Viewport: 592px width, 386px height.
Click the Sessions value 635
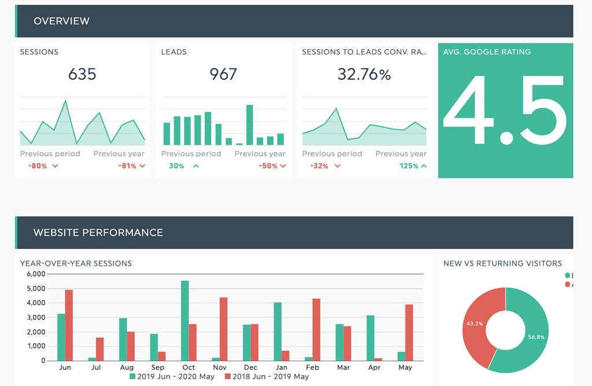tap(82, 74)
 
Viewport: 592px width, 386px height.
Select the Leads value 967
tap(223, 74)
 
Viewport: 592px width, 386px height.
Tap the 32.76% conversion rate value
tap(364, 74)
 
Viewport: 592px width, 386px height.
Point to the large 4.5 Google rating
tap(505, 111)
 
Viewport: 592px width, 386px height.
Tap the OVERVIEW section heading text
tap(61, 21)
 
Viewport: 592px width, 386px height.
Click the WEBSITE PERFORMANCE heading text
tap(98, 233)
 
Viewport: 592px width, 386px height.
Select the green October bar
tap(185, 321)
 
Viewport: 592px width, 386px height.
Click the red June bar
tap(69, 325)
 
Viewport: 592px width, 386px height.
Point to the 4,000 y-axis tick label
tap(36, 303)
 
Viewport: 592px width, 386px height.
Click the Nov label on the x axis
tap(220, 367)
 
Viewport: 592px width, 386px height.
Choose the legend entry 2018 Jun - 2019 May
tap(267, 377)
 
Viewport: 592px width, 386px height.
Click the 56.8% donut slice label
tap(536, 336)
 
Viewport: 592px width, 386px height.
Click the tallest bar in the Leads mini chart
tap(250, 124)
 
